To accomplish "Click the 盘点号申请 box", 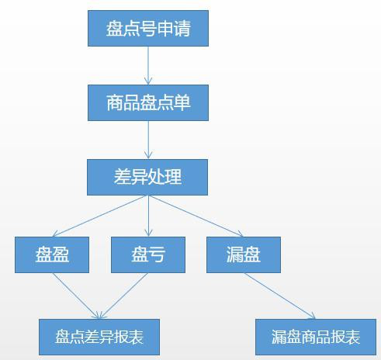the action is (148, 29).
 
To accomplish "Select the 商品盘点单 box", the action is (148, 102).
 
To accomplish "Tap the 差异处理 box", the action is (147, 177).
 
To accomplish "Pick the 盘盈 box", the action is (52, 254).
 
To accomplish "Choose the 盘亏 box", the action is (148, 254).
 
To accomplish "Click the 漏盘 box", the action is (244, 254).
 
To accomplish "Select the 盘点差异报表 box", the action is (99, 337).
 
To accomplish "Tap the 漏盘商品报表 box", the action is (316, 337).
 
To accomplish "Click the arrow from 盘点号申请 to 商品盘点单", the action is (148, 66).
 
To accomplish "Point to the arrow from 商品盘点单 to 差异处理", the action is (148, 140).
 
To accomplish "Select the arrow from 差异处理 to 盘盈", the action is (100, 216).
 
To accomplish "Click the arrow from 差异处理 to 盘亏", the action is (148, 216).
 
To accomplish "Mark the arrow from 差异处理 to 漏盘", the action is (196, 216).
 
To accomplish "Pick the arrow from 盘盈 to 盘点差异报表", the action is (76, 296).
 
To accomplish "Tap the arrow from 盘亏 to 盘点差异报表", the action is (124, 296).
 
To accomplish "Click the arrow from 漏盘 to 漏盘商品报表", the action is (279, 296).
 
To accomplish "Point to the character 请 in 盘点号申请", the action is (182, 29).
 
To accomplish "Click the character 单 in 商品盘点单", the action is (182, 102).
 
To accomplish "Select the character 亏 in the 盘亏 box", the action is (157, 254).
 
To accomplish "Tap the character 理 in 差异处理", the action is (173, 177).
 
